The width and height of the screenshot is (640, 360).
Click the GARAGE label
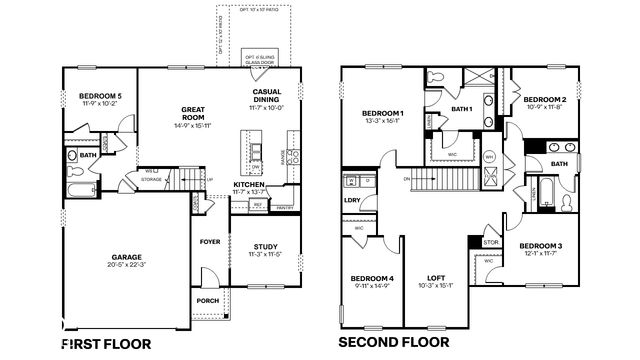125,256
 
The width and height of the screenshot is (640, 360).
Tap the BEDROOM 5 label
100,96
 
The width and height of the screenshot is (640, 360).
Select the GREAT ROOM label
193,113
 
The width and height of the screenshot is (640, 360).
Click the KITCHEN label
249,185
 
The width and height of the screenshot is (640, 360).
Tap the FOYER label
209,241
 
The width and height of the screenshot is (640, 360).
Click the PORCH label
208,301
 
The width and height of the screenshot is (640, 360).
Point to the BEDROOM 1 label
383,113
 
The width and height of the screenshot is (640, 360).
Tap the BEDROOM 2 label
545,99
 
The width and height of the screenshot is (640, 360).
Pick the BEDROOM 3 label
540,245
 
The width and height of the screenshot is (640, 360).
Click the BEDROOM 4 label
371,277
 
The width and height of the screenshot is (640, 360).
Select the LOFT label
436,277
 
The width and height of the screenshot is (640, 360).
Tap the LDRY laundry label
351,199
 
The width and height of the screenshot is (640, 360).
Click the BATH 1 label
460,108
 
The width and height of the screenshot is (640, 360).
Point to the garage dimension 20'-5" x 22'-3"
125,265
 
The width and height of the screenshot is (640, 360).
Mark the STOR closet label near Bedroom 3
490,241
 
